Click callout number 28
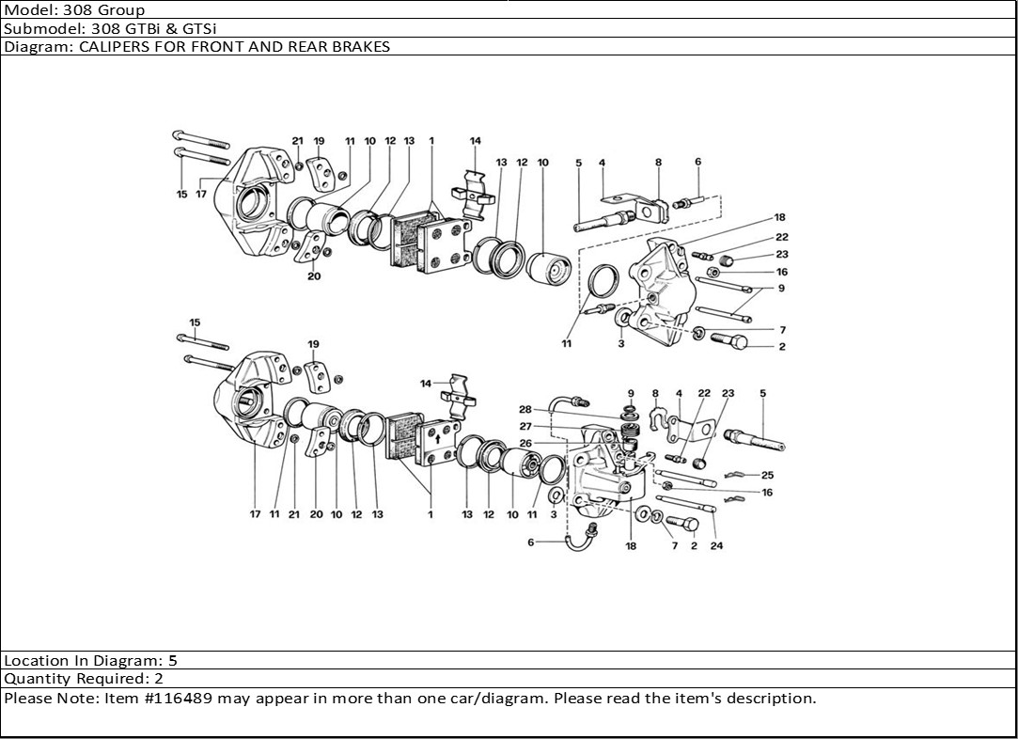(525, 409)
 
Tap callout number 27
(525, 426)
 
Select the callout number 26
(525, 443)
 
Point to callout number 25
(768, 475)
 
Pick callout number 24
(716, 546)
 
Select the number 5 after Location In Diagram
(172, 661)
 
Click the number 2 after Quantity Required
(159, 679)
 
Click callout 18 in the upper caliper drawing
(779, 217)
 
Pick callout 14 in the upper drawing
(476, 141)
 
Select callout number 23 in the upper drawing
(782, 254)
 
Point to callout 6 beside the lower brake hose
(530, 542)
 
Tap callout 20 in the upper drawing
(314, 276)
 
